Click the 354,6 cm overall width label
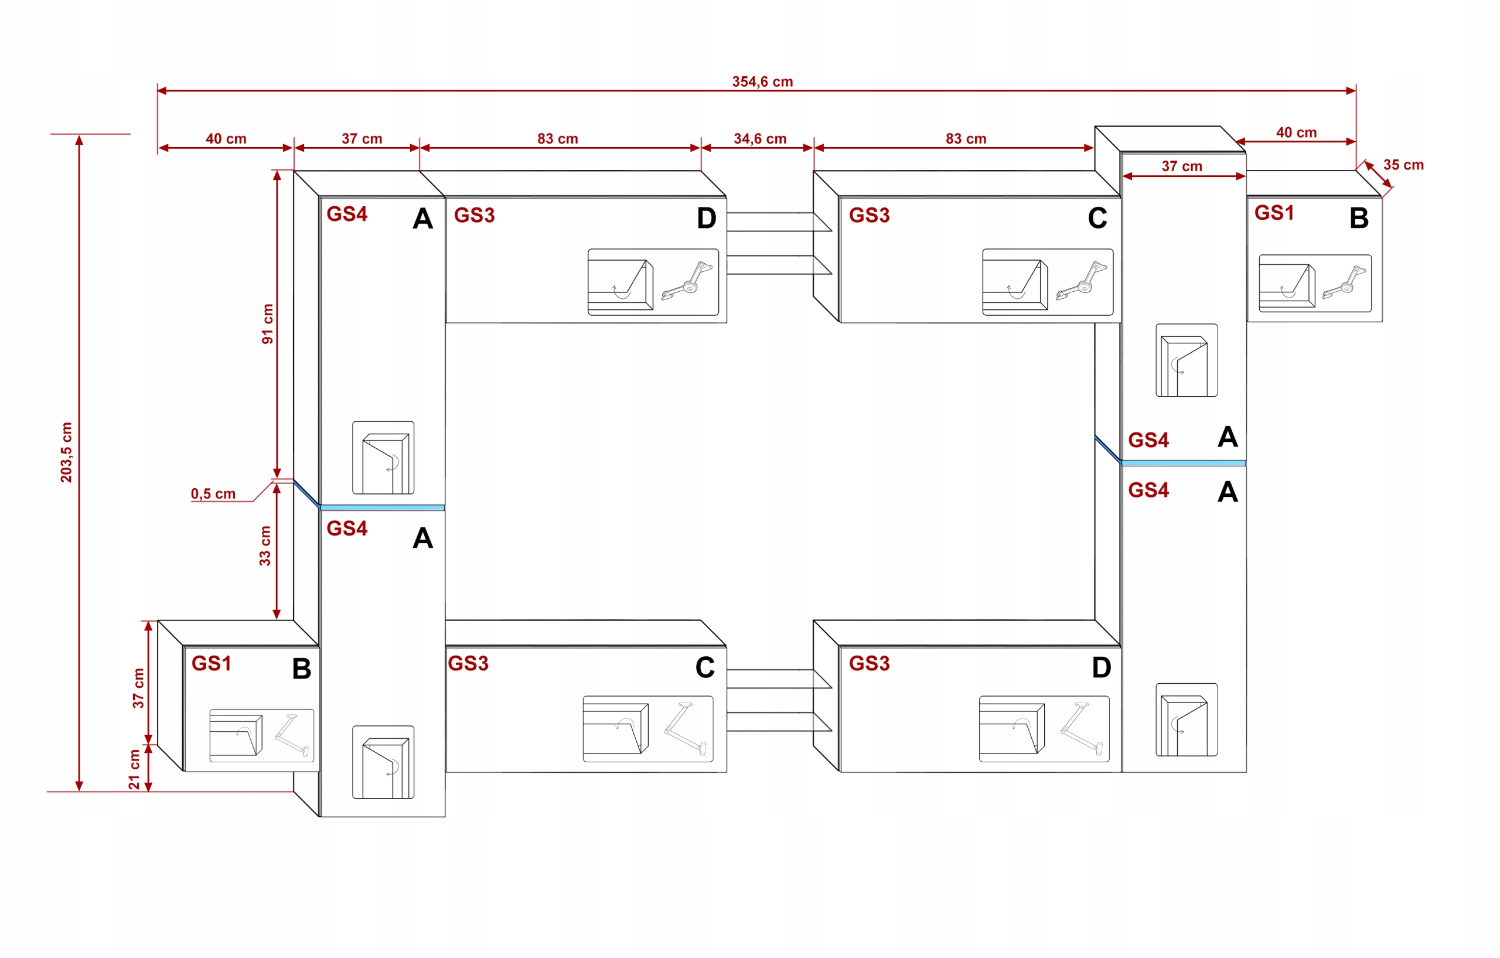[762, 81]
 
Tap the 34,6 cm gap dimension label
[759, 138]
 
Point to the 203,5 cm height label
[66, 452]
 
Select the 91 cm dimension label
[267, 324]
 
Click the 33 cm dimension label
[265, 546]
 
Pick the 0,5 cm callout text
[213, 494]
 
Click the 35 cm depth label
[1403, 165]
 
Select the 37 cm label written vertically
[138, 688]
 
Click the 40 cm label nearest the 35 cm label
[1296, 132]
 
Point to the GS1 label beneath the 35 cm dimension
[1274, 213]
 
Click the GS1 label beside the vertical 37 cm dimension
[211, 663]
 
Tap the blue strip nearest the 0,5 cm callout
[382, 507]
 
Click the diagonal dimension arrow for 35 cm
[1378, 175]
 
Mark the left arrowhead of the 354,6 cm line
[162, 90]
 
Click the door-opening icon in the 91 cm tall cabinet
[383, 458]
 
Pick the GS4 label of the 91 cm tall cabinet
[347, 214]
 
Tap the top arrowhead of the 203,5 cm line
[79, 140]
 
